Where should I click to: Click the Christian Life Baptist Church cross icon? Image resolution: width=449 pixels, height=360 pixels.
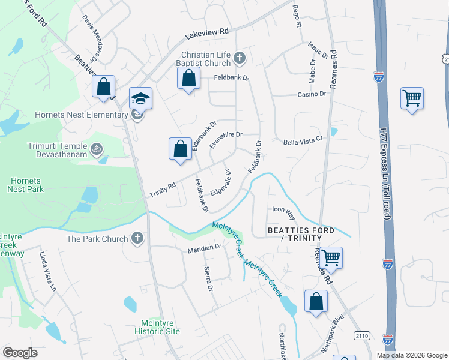click(x=240, y=58)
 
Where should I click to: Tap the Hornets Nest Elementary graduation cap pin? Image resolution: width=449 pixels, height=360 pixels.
click(x=141, y=99)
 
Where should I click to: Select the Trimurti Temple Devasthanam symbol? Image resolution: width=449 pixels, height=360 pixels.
click(x=96, y=148)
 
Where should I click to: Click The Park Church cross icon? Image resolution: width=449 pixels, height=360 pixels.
click(x=137, y=238)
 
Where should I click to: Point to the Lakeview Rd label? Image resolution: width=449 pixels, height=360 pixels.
click(x=207, y=34)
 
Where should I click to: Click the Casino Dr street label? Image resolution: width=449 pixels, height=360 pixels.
click(x=312, y=94)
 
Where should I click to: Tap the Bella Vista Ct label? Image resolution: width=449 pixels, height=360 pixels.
click(x=303, y=142)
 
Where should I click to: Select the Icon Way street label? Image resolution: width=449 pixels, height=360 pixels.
click(x=284, y=210)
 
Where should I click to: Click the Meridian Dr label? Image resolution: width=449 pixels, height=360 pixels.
click(x=205, y=247)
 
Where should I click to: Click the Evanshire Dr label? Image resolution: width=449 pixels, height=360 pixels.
click(x=225, y=140)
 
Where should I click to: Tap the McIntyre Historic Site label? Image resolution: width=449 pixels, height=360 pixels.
click(x=156, y=327)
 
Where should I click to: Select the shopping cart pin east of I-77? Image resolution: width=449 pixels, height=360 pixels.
click(x=412, y=98)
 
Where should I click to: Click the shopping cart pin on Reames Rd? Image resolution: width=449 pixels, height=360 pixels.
click(x=331, y=257)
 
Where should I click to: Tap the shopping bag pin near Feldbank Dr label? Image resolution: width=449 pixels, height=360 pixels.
click(x=188, y=78)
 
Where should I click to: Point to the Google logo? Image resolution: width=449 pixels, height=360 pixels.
click(x=20, y=353)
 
